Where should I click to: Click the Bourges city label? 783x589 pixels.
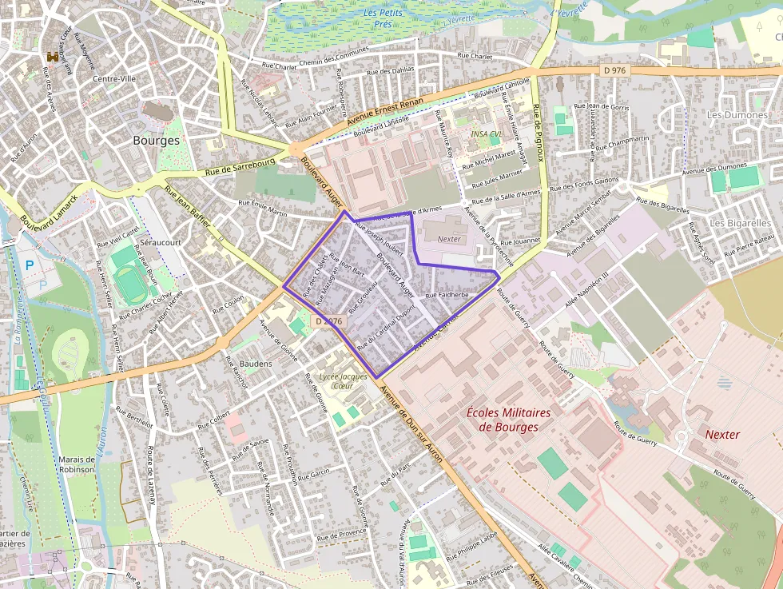(x=156, y=140)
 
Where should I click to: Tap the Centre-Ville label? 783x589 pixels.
(x=114, y=78)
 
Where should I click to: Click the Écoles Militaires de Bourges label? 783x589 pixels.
(x=508, y=420)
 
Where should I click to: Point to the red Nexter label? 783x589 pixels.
(x=722, y=435)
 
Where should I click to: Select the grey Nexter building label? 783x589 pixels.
(x=450, y=239)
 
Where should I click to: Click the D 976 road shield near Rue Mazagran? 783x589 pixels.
(x=328, y=320)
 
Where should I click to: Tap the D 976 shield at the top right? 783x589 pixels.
(x=613, y=70)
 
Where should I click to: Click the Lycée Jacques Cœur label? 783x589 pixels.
(x=342, y=380)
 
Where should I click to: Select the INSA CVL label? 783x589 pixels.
(x=487, y=134)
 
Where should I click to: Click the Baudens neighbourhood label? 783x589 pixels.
(x=255, y=363)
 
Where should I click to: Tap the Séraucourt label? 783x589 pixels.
(x=161, y=241)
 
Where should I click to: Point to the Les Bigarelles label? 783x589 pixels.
(x=739, y=222)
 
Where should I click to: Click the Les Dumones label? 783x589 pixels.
(x=737, y=115)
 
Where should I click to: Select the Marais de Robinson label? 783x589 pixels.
(x=77, y=464)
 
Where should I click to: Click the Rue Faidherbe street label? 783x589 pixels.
(x=447, y=295)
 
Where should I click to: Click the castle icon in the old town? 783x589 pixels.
(x=54, y=57)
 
